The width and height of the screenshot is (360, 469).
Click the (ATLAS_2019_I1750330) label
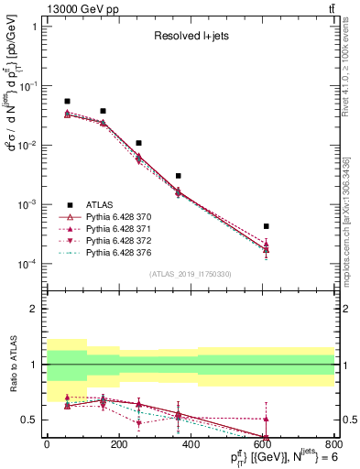[190, 273]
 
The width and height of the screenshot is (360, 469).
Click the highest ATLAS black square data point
[67, 101]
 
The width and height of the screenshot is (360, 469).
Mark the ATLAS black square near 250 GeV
[138, 143]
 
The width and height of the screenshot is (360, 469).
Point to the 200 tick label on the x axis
[118, 443]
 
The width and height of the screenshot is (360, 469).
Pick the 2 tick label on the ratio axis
[35, 310]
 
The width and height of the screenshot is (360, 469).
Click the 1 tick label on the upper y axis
[35, 26]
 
